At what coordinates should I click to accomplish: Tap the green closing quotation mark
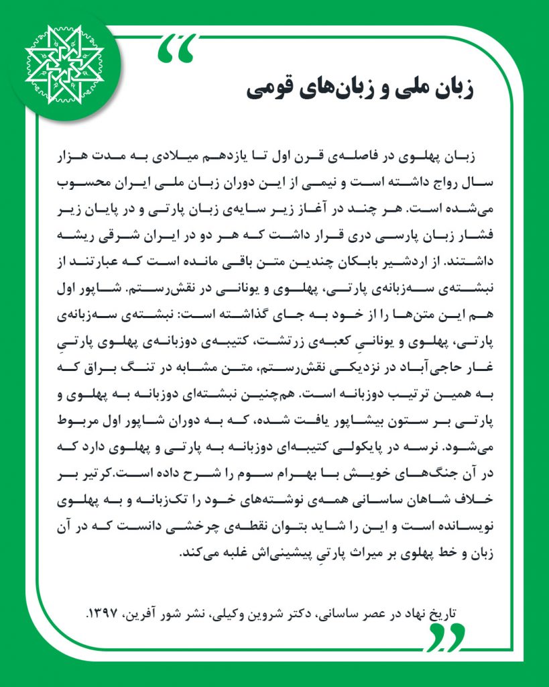tap(446, 637)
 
